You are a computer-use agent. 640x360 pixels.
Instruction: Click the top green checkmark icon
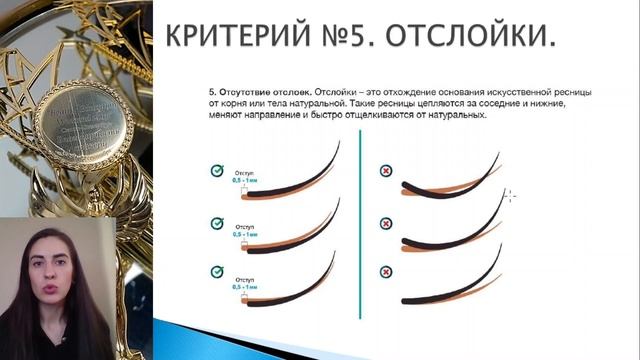(215, 171)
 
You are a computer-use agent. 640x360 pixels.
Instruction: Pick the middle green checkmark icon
(215, 222)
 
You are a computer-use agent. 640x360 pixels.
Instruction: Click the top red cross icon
(386, 171)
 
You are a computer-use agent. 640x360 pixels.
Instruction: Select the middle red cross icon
(386, 222)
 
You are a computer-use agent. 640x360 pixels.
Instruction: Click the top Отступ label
(245, 172)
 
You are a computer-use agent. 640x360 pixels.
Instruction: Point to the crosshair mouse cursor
(509, 195)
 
